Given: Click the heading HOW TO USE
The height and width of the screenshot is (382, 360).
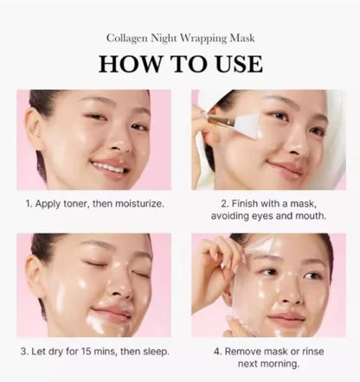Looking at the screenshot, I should [x=179, y=64].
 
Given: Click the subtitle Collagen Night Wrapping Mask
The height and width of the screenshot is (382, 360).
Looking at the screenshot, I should [x=180, y=38].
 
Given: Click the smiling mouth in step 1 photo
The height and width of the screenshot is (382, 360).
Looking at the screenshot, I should [x=108, y=167].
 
